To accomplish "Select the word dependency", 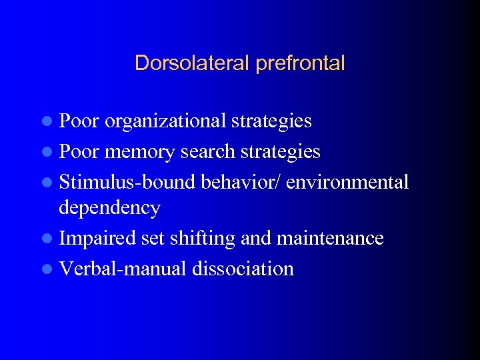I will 109,207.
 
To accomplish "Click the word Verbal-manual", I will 123,269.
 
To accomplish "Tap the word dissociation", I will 243,269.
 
